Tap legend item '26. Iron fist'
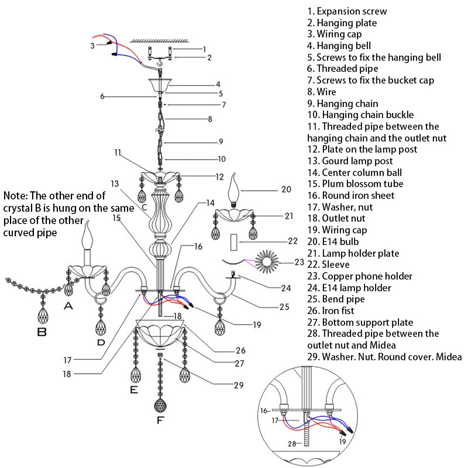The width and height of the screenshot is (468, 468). (x=338, y=310)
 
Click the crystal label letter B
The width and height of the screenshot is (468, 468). (x=41, y=332)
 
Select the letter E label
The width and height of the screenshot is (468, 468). (x=134, y=388)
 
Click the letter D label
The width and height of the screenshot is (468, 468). (x=101, y=342)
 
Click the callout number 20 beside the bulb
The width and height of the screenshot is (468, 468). (x=286, y=189)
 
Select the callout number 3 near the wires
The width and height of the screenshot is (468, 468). (x=92, y=45)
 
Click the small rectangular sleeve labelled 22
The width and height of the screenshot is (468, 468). (x=233, y=240)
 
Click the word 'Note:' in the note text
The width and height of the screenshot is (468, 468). (x=16, y=195)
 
